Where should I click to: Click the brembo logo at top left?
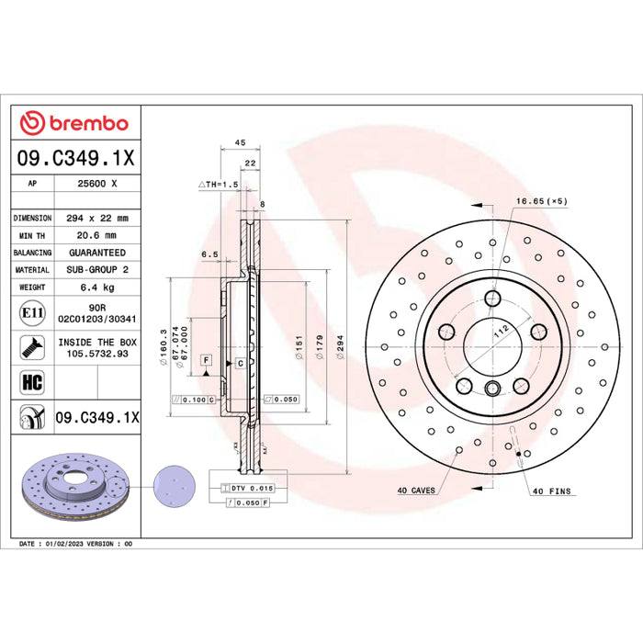(74, 122)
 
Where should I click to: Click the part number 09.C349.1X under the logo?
(75, 158)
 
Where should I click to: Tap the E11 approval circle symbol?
(32, 314)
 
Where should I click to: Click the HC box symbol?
(31, 379)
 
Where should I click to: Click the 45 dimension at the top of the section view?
(240, 143)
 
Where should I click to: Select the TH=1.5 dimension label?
(220, 184)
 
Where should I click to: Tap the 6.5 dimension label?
(209, 254)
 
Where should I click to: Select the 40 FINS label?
(551, 491)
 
